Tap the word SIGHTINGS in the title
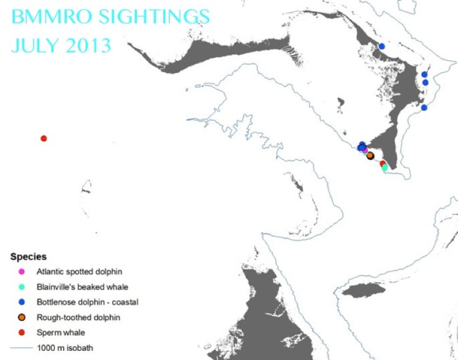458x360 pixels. [155, 15]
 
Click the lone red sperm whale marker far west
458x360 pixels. [44, 138]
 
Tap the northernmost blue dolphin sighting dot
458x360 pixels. [382, 46]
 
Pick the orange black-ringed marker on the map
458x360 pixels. [370, 156]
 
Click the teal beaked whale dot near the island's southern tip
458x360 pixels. [384, 168]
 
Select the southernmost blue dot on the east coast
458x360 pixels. [424, 107]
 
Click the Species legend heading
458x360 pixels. [28, 257]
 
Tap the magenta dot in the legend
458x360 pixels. [21, 271]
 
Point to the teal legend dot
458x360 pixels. [21, 286]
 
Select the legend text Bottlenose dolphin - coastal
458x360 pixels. [87, 302]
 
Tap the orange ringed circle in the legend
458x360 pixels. [21, 317]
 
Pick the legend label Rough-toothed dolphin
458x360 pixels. [78, 317]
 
